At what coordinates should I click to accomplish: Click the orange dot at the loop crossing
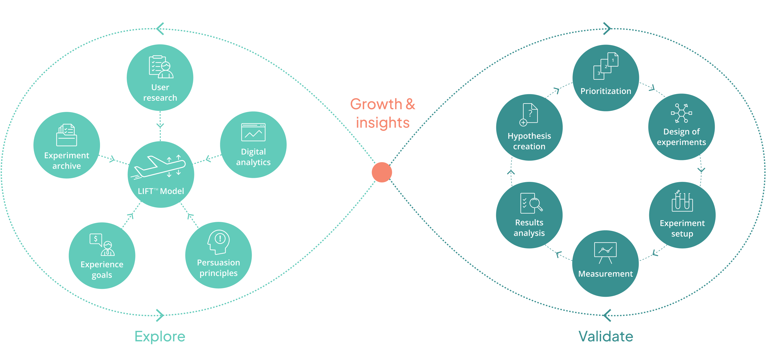382,172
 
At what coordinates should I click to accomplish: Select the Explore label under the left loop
160,337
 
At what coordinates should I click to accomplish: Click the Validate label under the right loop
606,336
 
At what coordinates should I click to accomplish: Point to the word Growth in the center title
376,104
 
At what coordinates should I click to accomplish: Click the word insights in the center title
383,122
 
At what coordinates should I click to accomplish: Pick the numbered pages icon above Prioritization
606,66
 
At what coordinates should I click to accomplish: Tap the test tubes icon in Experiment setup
682,201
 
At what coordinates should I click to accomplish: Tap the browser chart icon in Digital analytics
253,132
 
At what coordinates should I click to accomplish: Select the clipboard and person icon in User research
161,67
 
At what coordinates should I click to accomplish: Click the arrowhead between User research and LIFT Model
160,125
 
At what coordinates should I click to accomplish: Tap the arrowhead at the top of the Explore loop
160,29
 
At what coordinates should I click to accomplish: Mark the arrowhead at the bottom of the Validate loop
607,315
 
